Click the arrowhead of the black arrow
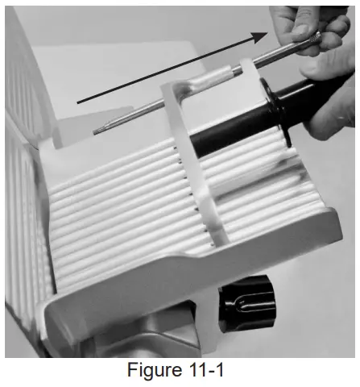264,35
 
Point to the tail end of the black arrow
79,102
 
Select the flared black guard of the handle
278,109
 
